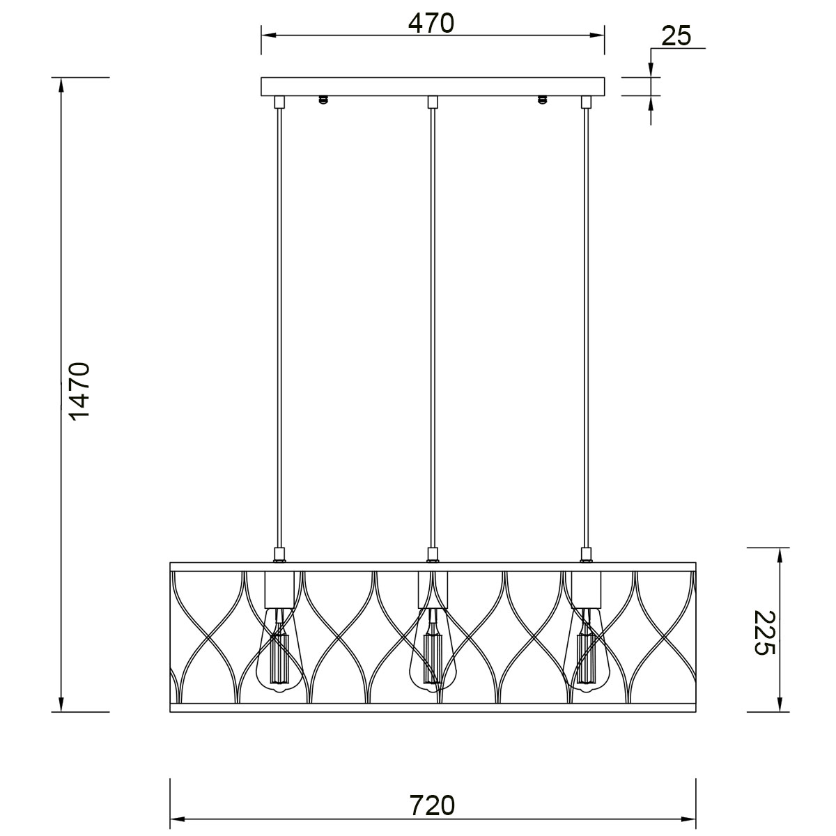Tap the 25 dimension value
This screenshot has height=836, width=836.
(676, 36)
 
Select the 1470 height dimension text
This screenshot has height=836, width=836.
(80, 391)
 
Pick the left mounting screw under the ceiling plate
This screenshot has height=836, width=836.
(322, 100)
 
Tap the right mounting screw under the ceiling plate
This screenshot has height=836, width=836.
(541, 100)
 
